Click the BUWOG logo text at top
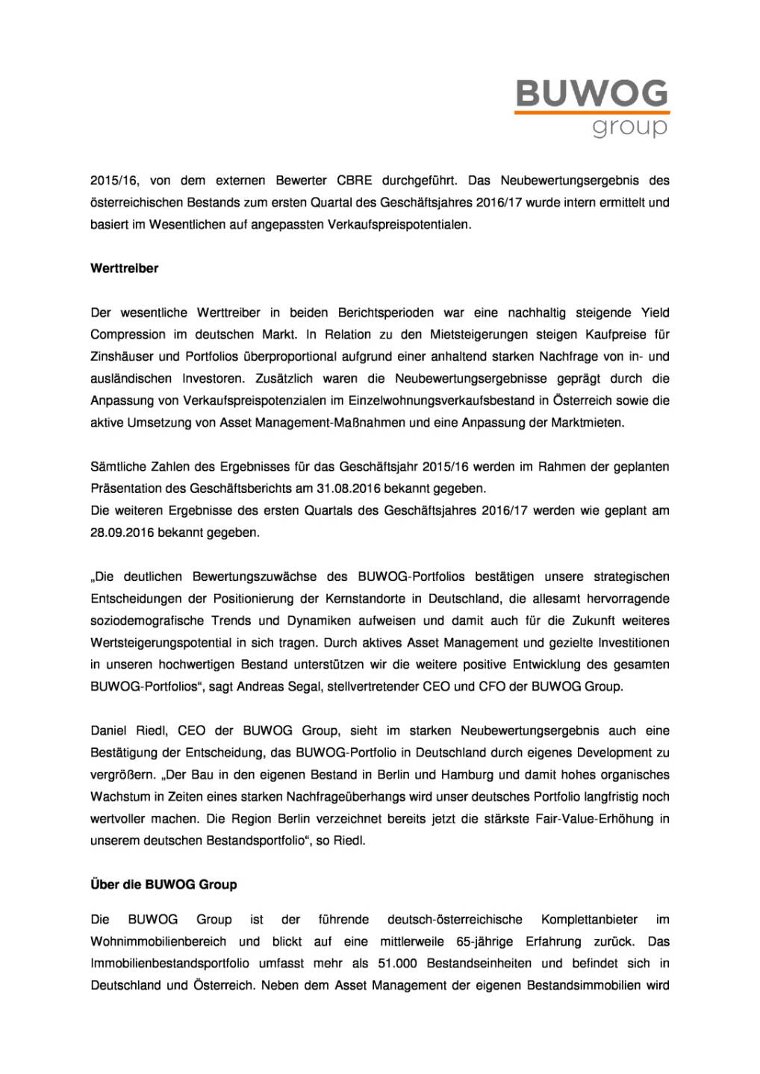pos(591,94)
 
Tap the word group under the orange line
pos(629,127)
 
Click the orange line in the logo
pos(591,113)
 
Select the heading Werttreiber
pos(125,268)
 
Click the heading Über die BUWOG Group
pos(163,885)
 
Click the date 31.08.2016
pos(349,489)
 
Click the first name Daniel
pos(108,731)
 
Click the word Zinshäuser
pos(121,357)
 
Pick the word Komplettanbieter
pos(589,920)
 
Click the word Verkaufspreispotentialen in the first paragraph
pos(399,224)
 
